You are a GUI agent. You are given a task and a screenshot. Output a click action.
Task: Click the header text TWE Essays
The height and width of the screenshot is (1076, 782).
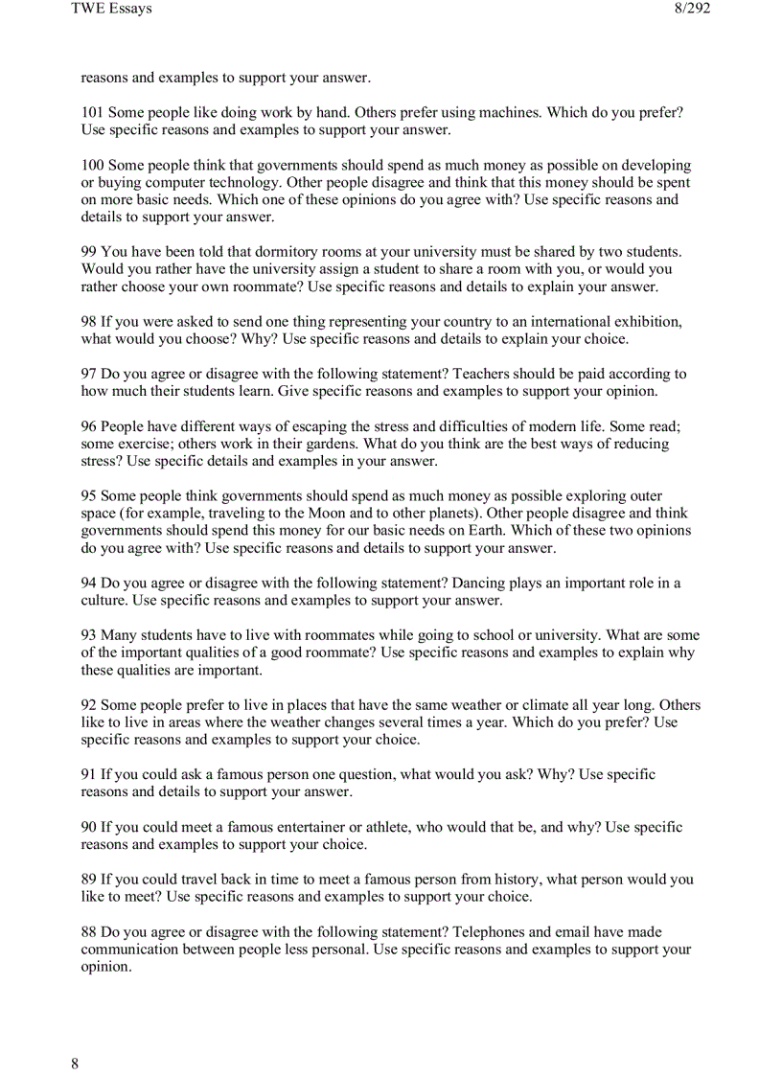pos(111,9)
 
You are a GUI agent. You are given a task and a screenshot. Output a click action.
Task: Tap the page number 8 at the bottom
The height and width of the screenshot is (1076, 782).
pos(75,1064)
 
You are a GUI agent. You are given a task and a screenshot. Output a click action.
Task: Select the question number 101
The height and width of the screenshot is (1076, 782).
pos(92,112)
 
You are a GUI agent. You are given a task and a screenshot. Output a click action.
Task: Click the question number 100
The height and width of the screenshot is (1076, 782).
pos(92,165)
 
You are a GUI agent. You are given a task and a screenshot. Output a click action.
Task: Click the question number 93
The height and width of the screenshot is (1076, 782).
pos(88,635)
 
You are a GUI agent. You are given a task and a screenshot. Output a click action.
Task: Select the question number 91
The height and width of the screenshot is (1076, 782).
pos(88,774)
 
